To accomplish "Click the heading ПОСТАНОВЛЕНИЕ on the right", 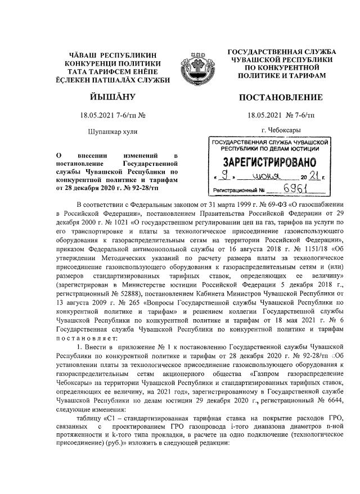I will pyautogui.click(x=281, y=98).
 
